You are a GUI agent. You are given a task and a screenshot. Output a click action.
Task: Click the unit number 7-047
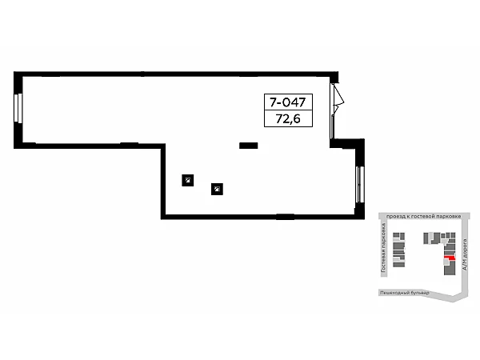[288, 103]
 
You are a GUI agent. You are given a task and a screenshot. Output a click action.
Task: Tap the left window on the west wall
[18, 109]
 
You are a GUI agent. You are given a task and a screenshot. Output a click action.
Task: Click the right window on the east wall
[359, 184]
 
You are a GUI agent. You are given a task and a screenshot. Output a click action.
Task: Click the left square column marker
[186, 180]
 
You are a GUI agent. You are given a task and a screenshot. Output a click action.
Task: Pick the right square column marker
[217, 190]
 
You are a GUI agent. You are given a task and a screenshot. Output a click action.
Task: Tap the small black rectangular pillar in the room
[248, 146]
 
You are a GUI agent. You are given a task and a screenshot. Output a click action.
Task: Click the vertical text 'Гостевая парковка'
[383, 249]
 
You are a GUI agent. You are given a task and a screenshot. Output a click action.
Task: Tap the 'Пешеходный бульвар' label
[404, 293]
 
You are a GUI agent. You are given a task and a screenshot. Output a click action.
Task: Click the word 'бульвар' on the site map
[419, 293]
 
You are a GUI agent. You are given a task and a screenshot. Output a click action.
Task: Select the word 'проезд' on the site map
[396, 217]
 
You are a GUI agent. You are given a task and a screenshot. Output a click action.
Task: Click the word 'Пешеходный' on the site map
[394, 293]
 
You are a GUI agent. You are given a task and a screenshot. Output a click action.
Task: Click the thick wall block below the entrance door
[347, 144]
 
